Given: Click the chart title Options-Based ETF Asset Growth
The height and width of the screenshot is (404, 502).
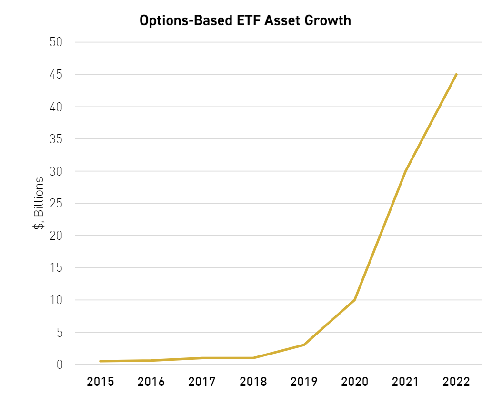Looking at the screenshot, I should (245, 20).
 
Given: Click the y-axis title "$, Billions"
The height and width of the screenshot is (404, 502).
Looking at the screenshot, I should (38, 203).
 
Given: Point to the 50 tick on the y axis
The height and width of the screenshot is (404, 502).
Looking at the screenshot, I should (56, 42).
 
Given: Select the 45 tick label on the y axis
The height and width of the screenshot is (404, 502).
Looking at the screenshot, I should (56, 74).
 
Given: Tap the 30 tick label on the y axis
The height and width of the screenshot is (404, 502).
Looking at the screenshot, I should (56, 171).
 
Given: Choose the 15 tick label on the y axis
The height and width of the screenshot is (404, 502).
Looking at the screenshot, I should (56, 268).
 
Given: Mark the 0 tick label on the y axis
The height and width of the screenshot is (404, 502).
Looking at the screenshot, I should (59, 365).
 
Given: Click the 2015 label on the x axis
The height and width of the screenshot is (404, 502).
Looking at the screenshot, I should (100, 382).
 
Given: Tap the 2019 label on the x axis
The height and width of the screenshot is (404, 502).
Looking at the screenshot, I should (303, 382).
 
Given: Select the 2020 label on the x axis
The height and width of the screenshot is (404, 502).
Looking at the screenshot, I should (354, 382).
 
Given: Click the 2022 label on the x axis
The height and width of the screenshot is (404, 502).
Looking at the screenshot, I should (456, 382).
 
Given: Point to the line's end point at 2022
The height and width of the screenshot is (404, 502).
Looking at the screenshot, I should (456, 74).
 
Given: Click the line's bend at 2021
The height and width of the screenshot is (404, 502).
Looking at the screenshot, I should (405, 171).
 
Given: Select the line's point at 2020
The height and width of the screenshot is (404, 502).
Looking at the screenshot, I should (354, 300).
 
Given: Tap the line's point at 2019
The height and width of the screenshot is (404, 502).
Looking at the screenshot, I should (303, 345).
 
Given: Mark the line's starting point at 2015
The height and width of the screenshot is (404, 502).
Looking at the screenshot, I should (100, 361).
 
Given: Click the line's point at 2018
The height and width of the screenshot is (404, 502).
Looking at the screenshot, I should (252, 358).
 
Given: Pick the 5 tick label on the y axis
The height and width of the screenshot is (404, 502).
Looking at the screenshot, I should (59, 333).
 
